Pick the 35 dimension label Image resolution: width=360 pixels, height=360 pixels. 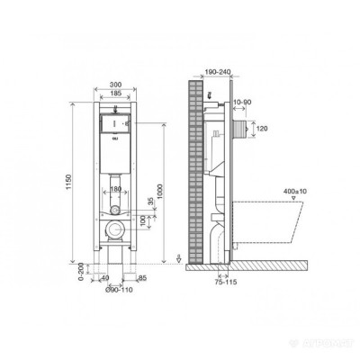click(x=148, y=203)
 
